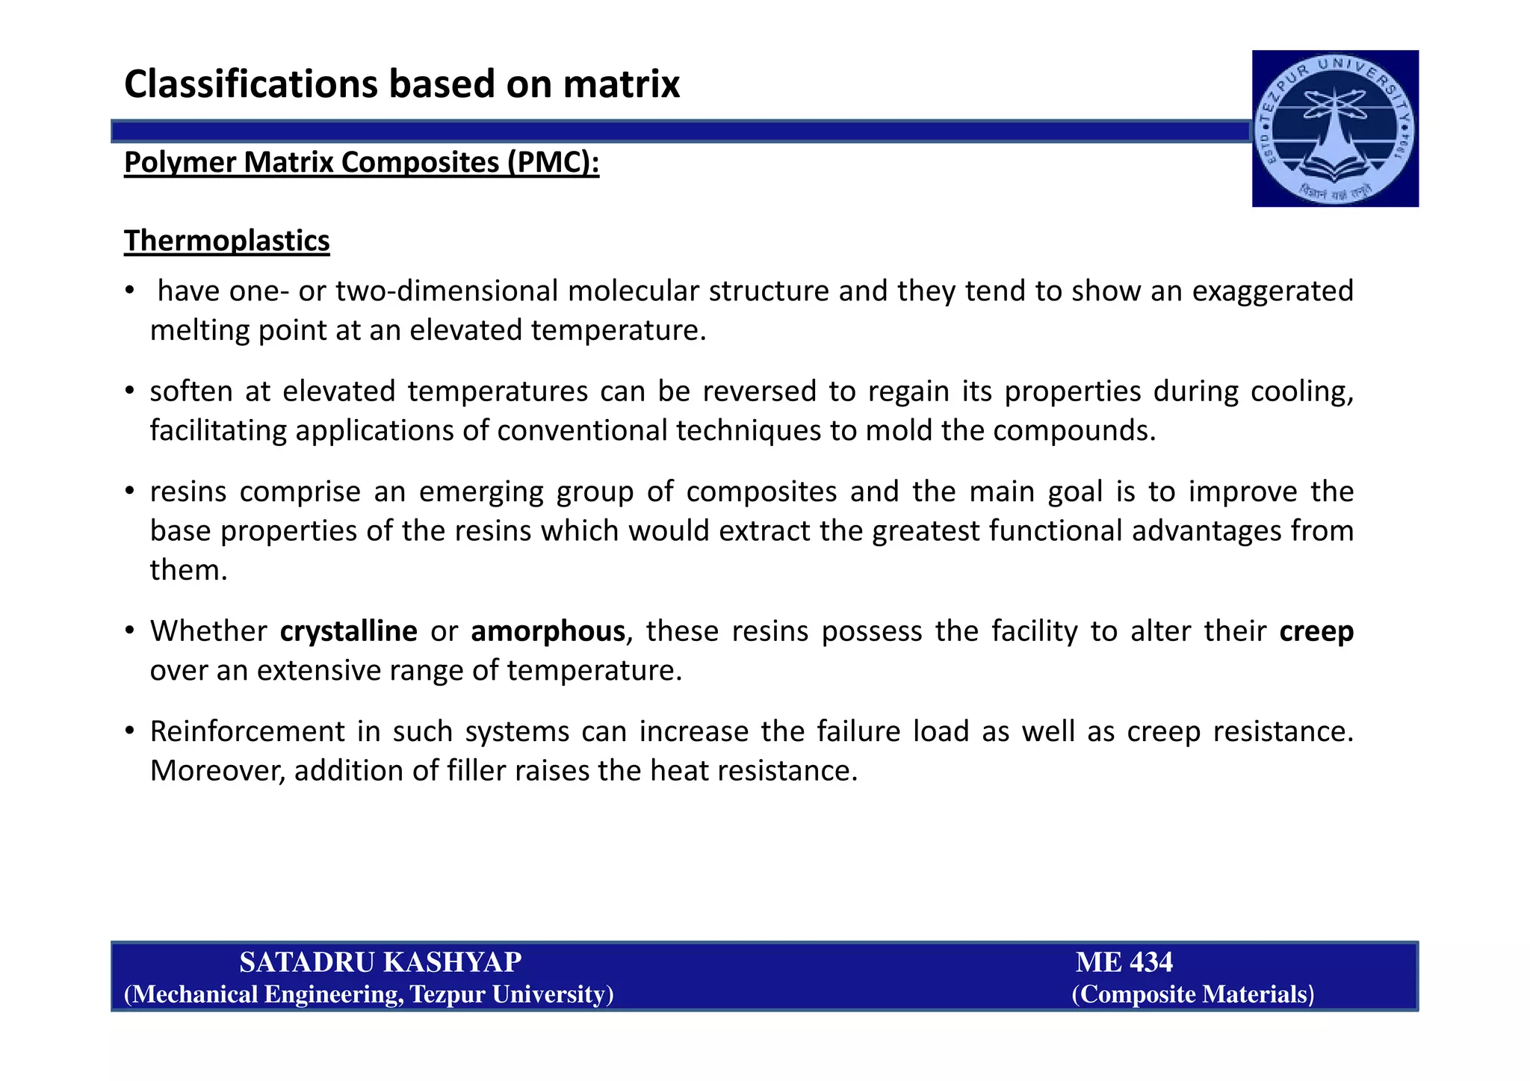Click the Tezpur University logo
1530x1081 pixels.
click(1335, 128)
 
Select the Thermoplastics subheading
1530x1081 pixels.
click(226, 241)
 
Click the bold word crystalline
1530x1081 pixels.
click(348, 631)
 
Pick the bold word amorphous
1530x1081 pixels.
click(548, 631)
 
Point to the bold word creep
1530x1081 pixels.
click(1316, 631)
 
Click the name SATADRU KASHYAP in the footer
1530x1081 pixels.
click(380, 962)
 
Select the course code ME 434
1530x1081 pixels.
click(1124, 962)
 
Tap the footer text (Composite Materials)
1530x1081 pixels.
click(1192, 994)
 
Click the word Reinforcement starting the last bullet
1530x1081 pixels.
click(247, 731)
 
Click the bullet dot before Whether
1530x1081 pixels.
click(130, 631)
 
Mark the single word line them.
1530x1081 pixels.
click(188, 570)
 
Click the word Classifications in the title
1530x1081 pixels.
click(251, 84)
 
